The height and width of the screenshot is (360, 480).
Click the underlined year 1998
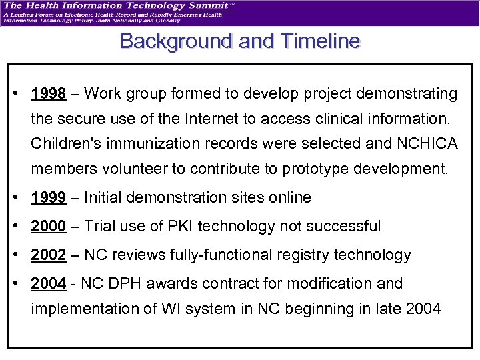[48, 94]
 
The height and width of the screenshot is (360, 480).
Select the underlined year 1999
[48, 198]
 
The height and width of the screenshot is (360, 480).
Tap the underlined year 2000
[48, 227]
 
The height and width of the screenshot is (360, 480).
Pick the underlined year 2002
[48, 255]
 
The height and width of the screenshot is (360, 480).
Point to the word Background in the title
[175, 41]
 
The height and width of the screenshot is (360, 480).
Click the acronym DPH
[125, 284]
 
